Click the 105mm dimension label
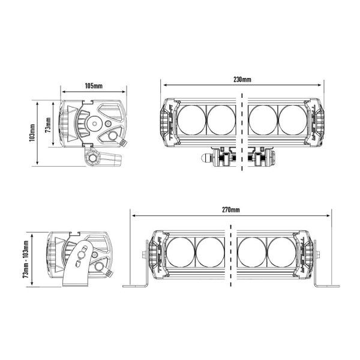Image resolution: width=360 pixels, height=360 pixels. click(x=94, y=86)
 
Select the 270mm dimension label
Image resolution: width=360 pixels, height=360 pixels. click(x=231, y=210)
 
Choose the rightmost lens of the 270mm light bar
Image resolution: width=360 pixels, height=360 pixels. click(x=283, y=251)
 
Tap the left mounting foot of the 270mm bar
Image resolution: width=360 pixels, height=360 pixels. click(x=137, y=283)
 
